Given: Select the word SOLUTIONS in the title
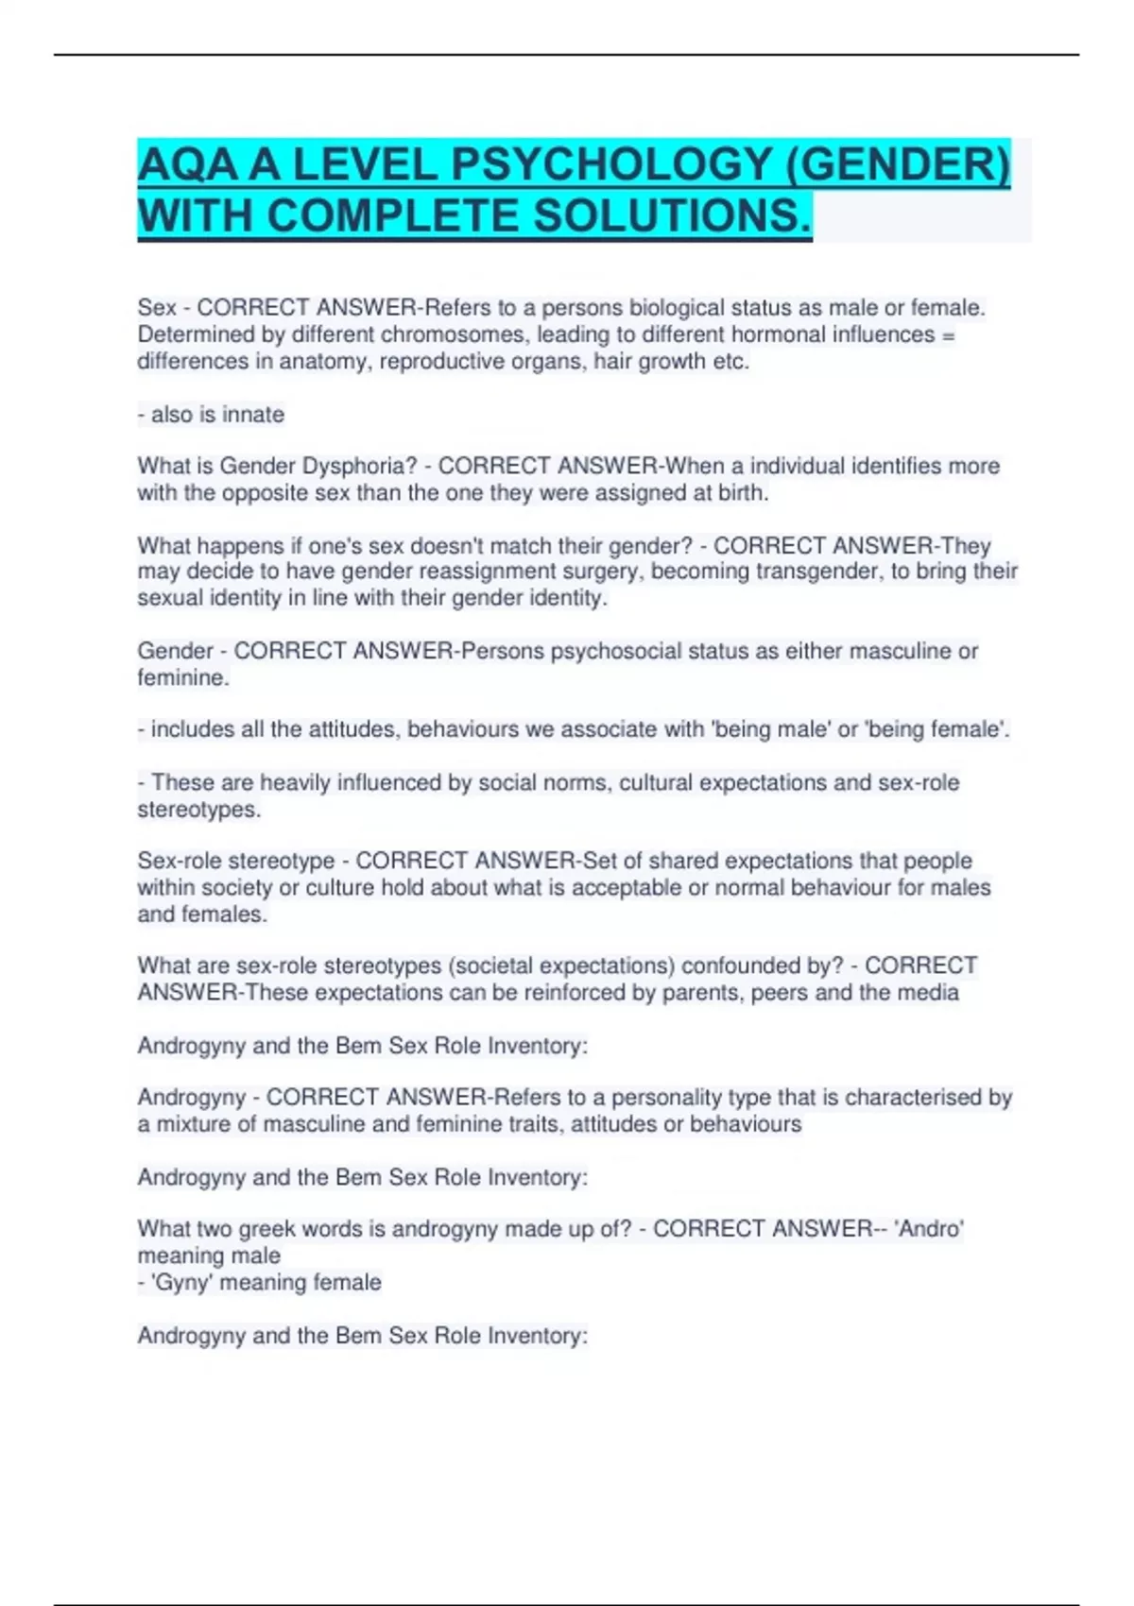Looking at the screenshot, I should [x=671, y=215].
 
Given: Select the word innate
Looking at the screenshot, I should [x=253, y=414].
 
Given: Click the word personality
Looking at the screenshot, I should [x=666, y=1097].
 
